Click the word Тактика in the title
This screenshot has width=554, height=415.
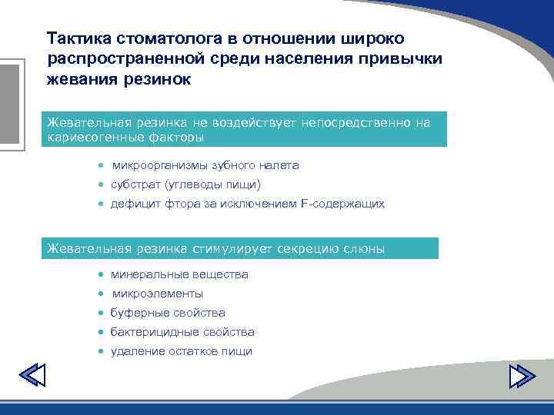point(78,38)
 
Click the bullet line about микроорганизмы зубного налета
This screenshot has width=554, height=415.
point(205,165)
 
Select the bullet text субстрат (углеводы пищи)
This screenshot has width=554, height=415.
point(185,184)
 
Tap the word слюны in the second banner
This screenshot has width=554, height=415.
point(367,248)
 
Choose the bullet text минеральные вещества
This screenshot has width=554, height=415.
point(179,274)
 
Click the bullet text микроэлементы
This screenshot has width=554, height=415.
point(158,294)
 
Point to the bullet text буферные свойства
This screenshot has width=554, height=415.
point(168,313)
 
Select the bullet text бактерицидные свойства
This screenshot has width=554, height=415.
point(182,332)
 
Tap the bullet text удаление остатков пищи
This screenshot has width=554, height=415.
point(181,351)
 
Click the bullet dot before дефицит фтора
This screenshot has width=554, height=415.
point(101,204)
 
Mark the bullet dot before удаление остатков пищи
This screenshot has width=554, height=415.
point(101,351)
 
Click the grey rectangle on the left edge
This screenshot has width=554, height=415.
point(8,104)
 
